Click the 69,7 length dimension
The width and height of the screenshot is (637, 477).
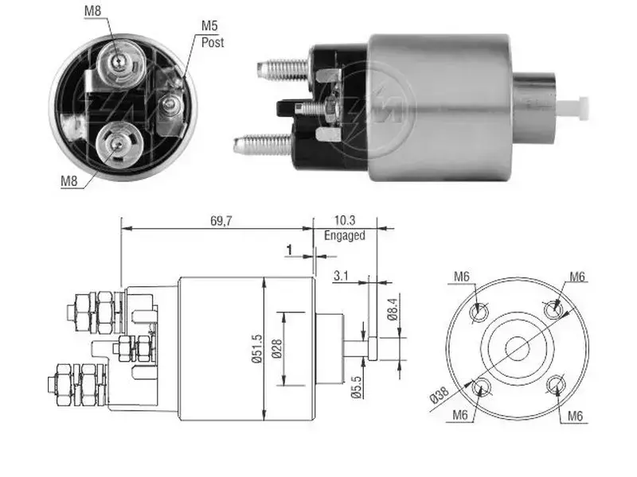pyautogui.click(x=221, y=221)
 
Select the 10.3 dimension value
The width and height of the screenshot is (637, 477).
pyautogui.click(x=345, y=221)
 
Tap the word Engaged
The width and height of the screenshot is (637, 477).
pyautogui.click(x=345, y=235)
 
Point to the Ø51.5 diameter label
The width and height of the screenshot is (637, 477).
pyautogui.click(x=256, y=348)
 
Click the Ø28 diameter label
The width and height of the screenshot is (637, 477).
pyautogui.click(x=276, y=349)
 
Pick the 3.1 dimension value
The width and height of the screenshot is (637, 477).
pyautogui.click(x=341, y=276)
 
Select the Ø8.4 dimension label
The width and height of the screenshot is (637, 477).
pyautogui.click(x=392, y=309)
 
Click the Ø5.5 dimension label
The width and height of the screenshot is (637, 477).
pyautogui.click(x=356, y=387)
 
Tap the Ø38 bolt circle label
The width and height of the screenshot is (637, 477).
pyautogui.click(x=440, y=394)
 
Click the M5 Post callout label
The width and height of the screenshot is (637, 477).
pyautogui.click(x=213, y=34)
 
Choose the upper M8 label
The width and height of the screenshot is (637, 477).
pyautogui.click(x=92, y=11)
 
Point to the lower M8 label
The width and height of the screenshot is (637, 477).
pyautogui.click(x=68, y=180)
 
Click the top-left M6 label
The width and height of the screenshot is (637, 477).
pyautogui.click(x=462, y=277)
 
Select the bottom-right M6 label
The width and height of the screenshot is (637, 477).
pyautogui.click(x=575, y=416)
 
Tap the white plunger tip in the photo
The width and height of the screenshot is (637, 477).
pyautogui.click(x=573, y=108)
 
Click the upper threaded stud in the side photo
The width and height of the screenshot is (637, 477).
pyautogui.click(x=283, y=68)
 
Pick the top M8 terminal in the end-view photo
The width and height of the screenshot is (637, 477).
pyautogui.click(x=118, y=62)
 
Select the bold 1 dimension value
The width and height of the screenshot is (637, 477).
pyautogui.click(x=289, y=250)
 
